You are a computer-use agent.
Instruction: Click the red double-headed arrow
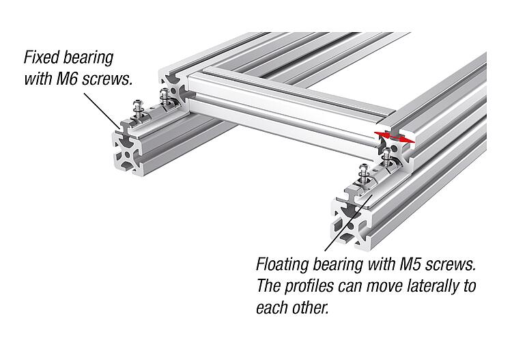pyautogui.click(x=396, y=135)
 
